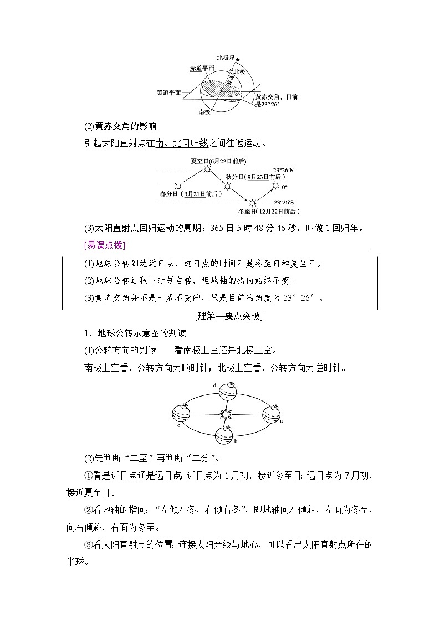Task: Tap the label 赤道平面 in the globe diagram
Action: pos(202,68)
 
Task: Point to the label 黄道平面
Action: pos(169,93)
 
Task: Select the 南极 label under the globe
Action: pos(204,112)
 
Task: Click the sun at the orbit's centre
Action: pos(225,413)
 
